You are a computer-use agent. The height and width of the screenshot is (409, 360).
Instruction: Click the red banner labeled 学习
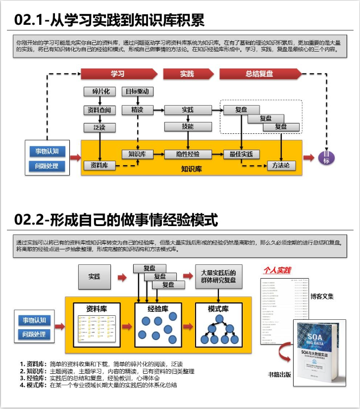pos(118,74)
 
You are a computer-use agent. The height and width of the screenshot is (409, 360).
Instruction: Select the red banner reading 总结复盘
pos(259,74)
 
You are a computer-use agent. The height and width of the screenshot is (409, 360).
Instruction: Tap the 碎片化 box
pos(100,92)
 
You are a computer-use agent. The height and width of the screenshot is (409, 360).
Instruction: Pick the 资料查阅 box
pos(100,110)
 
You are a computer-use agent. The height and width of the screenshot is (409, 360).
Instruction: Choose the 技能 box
pos(188,126)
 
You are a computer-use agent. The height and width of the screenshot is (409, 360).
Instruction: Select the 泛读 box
pos(100,127)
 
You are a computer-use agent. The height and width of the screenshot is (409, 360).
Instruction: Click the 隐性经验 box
pos(188,154)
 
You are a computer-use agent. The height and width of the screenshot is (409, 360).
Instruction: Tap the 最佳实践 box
pos(241,154)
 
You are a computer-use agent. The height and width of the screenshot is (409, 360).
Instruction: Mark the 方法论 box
pos(281,165)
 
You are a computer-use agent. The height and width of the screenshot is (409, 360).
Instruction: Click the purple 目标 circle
pos(326,158)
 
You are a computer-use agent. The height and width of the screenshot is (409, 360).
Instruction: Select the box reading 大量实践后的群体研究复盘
pos(218,277)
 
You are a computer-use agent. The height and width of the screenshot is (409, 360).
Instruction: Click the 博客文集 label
pos(322,296)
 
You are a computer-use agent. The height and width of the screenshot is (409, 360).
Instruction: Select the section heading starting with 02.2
pos(116,220)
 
